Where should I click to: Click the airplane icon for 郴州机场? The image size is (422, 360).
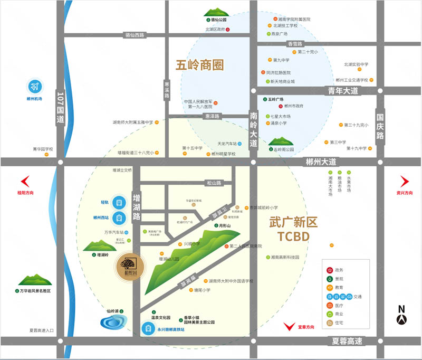[35, 86]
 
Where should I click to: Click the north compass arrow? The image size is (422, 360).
[401, 317]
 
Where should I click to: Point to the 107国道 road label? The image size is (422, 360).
[60, 108]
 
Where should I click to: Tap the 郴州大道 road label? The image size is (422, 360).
[320, 162]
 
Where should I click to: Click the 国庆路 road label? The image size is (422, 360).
[381, 127]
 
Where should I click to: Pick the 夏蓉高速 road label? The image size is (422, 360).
[347, 341]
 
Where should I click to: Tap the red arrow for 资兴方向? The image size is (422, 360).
[404, 182]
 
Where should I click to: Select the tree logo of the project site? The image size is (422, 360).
[128, 264]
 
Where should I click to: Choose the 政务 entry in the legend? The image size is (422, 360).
[330, 270]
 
